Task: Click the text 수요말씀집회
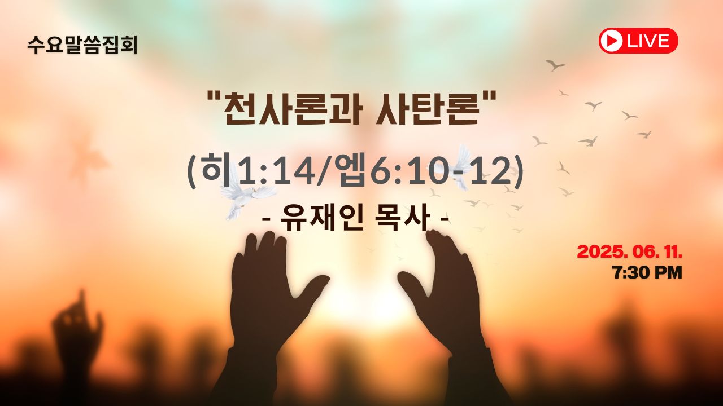point(82,45)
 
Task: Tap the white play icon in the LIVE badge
point(611,41)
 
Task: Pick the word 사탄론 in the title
point(426,109)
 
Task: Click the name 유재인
point(323,219)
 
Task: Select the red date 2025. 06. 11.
point(630,251)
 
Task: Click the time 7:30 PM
point(647,272)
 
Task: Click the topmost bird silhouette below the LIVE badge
point(555,65)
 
